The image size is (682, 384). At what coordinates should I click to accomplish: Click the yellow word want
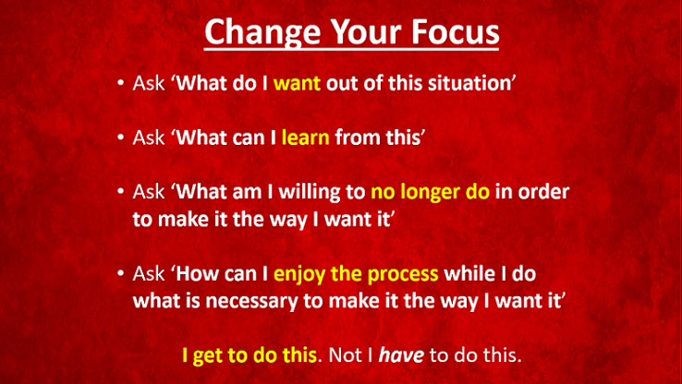(x=297, y=83)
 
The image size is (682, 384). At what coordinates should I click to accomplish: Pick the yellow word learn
(x=305, y=138)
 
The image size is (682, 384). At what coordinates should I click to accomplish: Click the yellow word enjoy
(x=299, y=274)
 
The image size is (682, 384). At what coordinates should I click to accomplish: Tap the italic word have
(x=401, y=355)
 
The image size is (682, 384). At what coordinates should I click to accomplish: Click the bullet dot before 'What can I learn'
(x=120, y=138)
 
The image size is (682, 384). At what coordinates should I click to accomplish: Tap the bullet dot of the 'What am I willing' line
(x=120, y=192)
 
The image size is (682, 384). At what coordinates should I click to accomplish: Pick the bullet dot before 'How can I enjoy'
(x=120, y=273)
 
